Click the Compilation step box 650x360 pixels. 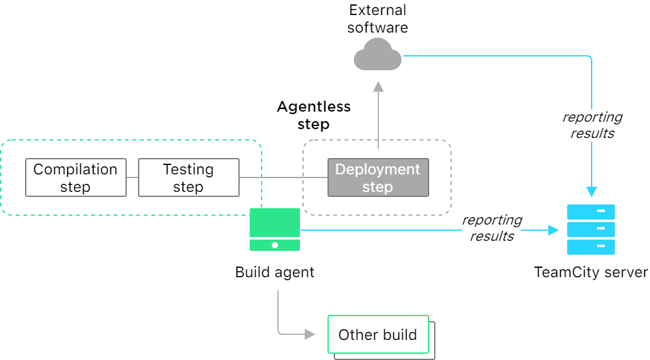coord(75,177)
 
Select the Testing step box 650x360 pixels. coord(188,177)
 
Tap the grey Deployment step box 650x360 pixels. coord(378,177)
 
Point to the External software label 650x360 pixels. coord(377,19)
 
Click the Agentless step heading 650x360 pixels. coord(314,115)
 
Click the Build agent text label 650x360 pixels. coord(275,272)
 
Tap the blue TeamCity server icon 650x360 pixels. coord(590,230)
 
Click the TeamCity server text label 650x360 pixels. coord(590,272)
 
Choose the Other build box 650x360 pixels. coord(378,335)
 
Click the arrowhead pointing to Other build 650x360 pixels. coord(310,334)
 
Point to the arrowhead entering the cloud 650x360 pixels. coord(378,86)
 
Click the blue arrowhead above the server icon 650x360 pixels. coord(591,191)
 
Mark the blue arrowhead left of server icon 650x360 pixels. coord(553,230)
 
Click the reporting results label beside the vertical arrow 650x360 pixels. coord(592,125)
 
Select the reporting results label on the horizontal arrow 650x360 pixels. coord(492,228)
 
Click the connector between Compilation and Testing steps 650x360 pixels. coord(132,177)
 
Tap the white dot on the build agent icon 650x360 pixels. coord(275,245)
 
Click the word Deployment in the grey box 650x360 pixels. coord(378,169)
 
